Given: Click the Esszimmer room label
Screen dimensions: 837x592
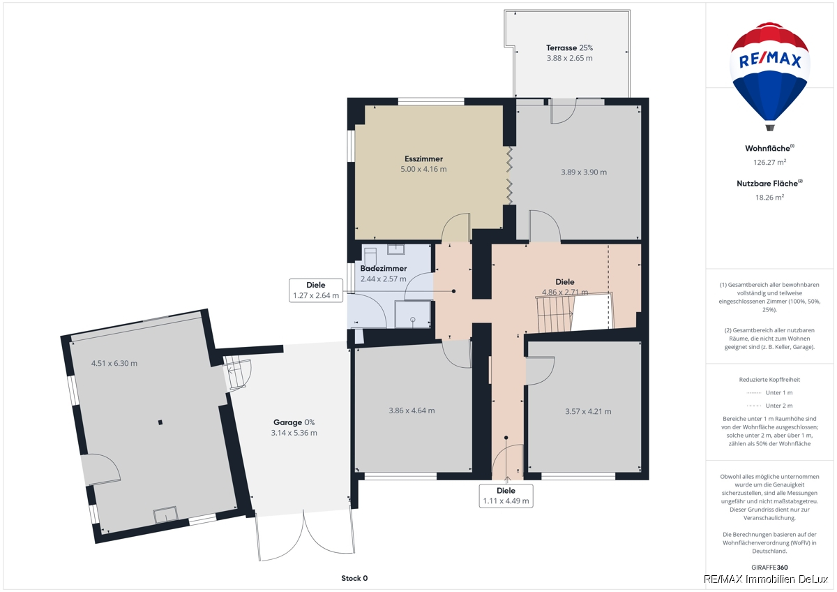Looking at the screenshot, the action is [x=423, y=158].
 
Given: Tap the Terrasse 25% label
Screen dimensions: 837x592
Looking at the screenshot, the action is [x=569, y=48].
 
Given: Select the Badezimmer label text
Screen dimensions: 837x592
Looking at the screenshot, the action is [x=384, y=269].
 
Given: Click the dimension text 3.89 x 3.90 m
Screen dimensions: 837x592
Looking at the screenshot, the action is [x=584, y=172].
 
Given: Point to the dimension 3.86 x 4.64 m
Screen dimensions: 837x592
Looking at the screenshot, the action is [x=412, y=410].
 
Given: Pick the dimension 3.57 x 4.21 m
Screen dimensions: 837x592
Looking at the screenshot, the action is [x=588, y=411].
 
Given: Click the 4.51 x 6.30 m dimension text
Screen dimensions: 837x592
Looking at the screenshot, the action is [x=114, y=363].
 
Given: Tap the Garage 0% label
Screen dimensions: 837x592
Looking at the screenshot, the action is [x=294, y=422].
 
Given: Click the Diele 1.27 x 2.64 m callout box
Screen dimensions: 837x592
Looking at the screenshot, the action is [x=316, y=290].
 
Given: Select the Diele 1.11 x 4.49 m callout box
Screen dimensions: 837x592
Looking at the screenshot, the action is [x=506, y=496].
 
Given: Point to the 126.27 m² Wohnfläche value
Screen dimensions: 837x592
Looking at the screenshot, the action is [x=770, y=162].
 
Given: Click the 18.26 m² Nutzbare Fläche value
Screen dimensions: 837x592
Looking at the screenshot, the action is [x=770, y=197].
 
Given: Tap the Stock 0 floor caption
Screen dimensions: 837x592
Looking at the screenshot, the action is [x=354, y=578].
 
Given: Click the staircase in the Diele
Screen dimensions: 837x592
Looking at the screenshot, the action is [x=555, y=313].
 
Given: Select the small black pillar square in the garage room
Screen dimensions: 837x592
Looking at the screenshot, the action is [x=160, y=422].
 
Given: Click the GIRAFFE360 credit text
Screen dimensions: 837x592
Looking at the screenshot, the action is [x=770, y=568].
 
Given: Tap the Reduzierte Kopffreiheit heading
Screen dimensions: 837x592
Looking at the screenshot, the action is [x=770, y=380].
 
